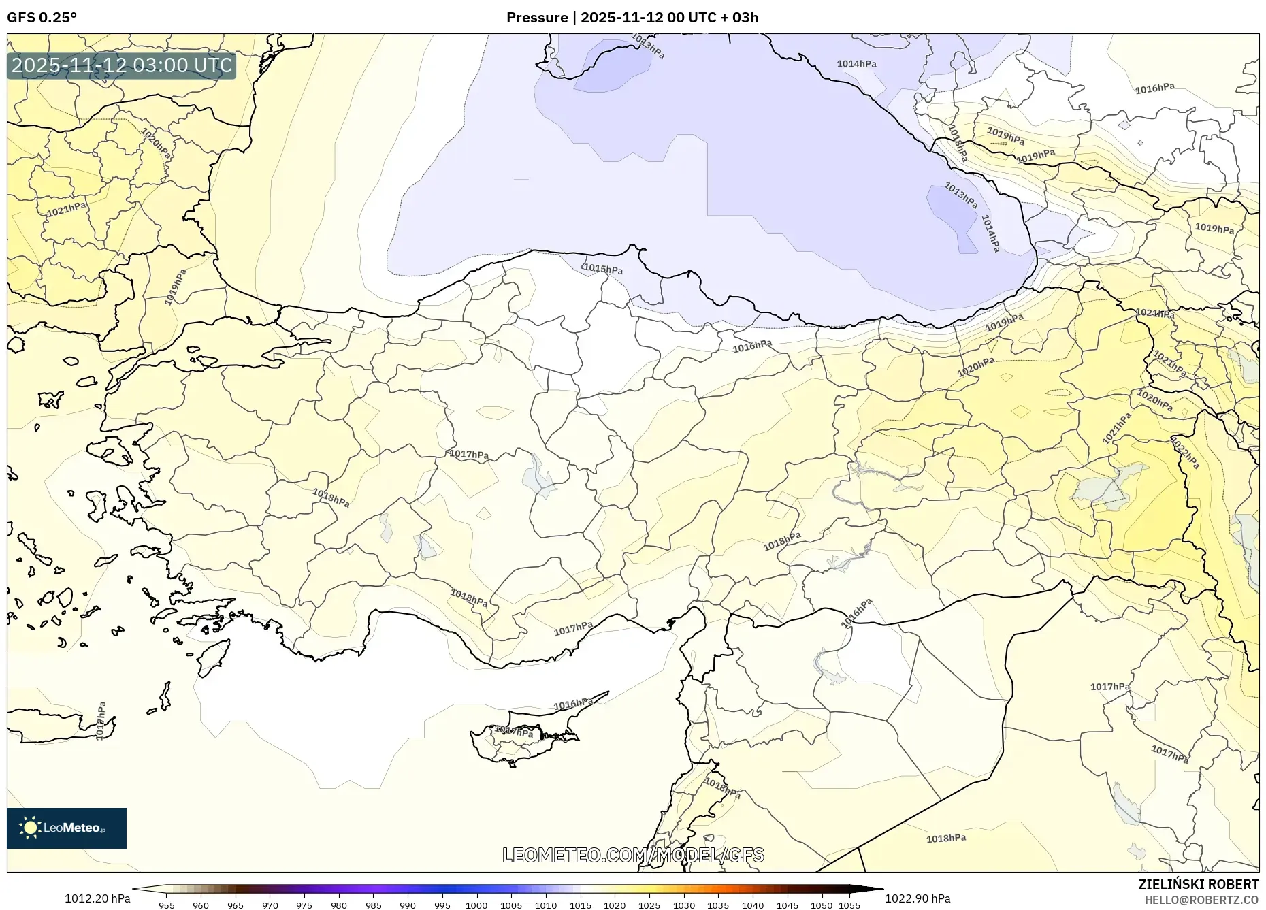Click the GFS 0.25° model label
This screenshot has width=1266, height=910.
click(42, 18)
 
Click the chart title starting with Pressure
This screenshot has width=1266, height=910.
click(632, 18)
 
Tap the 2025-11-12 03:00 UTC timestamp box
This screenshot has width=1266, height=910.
click(122, 66)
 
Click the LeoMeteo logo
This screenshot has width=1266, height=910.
click(67, 828)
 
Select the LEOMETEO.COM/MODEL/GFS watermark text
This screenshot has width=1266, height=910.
click(633, 855)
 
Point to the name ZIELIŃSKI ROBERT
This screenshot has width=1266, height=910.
click(1198, 884)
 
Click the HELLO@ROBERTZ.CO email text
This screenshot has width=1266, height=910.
click(1201, 900)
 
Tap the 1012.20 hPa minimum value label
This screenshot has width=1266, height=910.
click(97, 898)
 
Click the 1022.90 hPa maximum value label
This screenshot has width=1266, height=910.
click(918, 898)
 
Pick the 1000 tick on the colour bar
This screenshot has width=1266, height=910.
click(476, 905)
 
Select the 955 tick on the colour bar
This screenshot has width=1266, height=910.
click(167, 905)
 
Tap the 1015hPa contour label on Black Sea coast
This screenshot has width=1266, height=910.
click(603, 269)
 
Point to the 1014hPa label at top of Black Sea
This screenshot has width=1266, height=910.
click(856, 64)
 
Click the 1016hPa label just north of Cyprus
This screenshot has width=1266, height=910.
click(573, 704)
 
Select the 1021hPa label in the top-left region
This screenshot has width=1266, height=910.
click(66, 210)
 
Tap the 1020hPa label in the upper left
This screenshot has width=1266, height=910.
click(156, 144)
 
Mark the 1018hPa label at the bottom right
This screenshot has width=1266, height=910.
click(946, 838)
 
